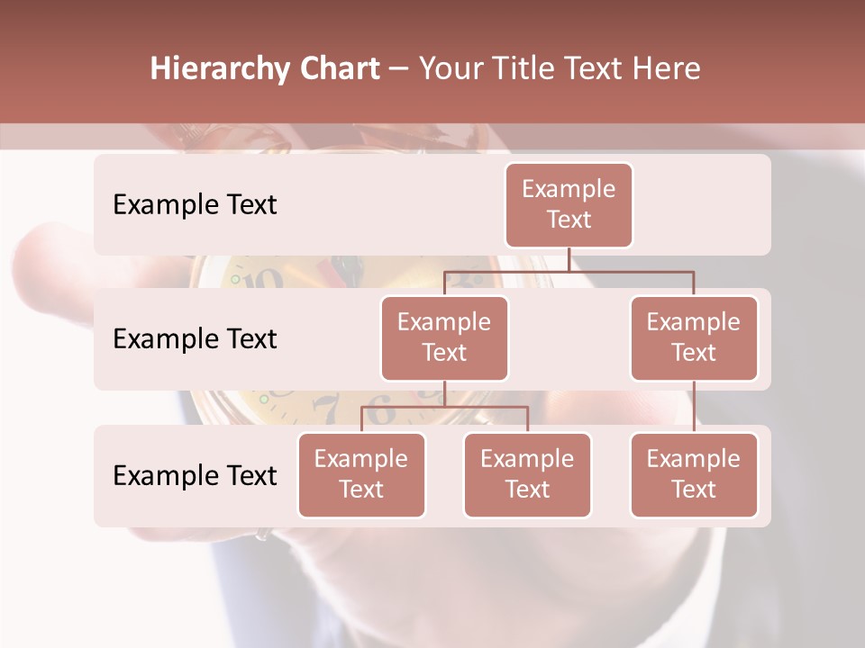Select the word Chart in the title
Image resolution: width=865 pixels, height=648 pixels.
coord(338,69)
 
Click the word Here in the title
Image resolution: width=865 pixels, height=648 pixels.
coord(666,69)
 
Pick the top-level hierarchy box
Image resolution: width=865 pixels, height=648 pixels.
coord(569,204)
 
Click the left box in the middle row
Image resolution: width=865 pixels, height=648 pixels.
coord(444,337)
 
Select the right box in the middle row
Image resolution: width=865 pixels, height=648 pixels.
coord(694,337)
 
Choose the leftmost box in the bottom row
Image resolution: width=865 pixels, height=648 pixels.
coord(361,474)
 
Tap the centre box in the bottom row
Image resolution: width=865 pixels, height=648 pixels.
coord(527,474)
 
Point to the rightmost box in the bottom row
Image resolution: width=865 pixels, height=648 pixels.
coord(694,474)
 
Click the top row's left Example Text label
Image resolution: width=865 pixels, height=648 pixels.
coord(195,204)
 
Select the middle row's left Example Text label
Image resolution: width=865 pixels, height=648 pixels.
coord(195,338)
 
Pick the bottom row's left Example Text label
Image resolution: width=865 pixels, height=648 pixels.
coord(195,475)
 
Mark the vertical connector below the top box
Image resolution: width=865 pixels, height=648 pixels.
coord(569,259)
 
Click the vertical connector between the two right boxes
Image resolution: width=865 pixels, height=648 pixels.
coord(694,407)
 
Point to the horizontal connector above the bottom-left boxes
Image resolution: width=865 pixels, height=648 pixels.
coord(444,407)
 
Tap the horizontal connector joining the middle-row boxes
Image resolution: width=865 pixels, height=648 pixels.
coord(569,271)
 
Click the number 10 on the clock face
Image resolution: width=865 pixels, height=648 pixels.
coord(264,279)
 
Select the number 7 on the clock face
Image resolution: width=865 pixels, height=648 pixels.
coord(329,409)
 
